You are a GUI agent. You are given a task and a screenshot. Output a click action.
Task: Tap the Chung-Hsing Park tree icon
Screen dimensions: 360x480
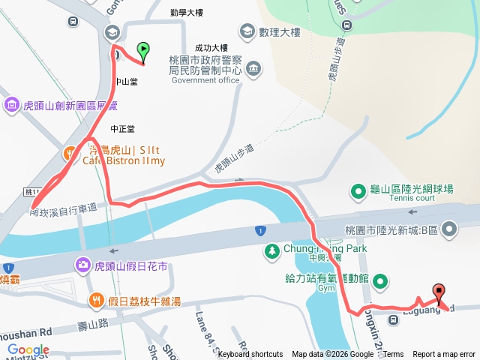(271, 250)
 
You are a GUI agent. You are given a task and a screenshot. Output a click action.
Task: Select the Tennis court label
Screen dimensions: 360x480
(412, 199)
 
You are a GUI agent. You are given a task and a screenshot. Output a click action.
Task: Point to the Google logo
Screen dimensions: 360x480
(28, 350)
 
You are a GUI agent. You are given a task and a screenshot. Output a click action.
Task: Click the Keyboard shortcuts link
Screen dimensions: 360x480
(250, 355)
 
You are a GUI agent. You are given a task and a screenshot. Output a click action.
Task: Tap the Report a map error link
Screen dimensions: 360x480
(443, 355)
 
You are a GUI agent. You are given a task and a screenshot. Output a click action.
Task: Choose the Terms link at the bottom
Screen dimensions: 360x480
(393, 355)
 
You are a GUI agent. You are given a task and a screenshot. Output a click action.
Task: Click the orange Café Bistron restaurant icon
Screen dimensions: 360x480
(70, 154)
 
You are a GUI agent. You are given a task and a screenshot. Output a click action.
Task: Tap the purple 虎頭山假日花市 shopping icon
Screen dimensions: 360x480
(82, 264)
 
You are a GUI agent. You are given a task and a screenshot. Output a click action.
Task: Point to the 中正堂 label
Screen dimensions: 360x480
(122, 129)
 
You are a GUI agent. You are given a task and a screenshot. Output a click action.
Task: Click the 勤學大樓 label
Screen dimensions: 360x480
(186, 13)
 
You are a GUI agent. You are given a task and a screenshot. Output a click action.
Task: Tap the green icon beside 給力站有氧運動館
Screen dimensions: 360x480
(381, 281)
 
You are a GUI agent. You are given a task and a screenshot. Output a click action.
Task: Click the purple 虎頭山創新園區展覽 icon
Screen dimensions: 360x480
(12, 104)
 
